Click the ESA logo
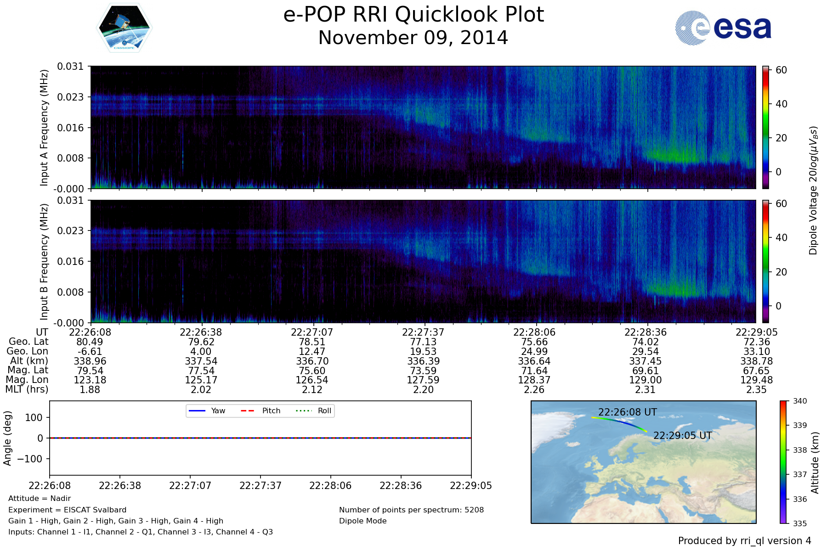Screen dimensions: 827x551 coord(723,28)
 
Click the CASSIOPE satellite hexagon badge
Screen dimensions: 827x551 coord(124,28)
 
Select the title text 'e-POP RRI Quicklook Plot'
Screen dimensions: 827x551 coord(413,15)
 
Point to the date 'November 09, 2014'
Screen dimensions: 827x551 coord(413,38)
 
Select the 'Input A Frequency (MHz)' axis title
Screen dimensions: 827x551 coord(44,128)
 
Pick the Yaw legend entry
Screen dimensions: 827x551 coord(206,410)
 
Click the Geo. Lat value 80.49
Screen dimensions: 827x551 coord(90,342)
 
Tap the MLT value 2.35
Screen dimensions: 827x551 coord(756,390)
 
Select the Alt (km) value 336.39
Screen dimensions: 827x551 coord(423,361)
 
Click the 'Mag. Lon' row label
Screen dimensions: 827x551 coord(27,380)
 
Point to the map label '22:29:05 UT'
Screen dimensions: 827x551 coord(683,435)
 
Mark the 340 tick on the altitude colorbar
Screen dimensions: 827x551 coord(800,401)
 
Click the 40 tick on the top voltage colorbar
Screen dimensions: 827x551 coord(782,104)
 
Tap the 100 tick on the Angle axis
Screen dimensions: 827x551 coord(34,417)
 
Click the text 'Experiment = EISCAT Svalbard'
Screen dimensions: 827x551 coord(67,510)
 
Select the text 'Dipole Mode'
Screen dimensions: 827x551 coord(363,521)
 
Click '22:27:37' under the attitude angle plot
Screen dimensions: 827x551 coord(261,486)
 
